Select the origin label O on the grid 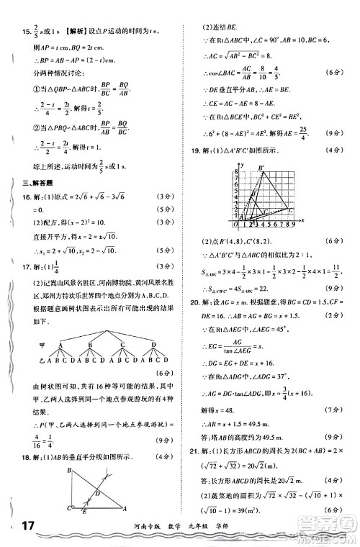coord(235,222)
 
